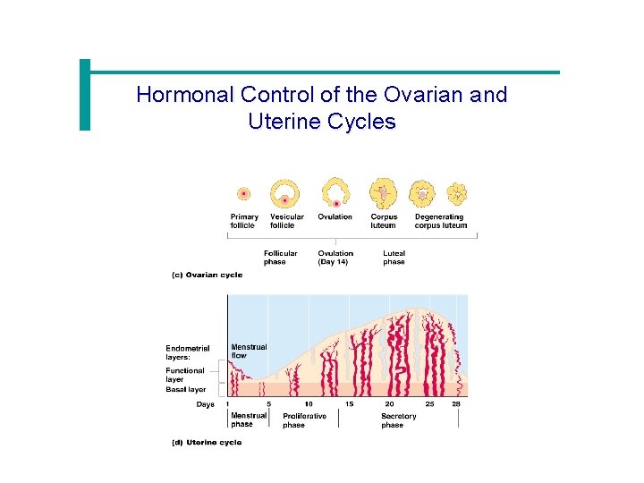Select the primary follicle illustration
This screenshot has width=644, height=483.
click(x=243, y=193)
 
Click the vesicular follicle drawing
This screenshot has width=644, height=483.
click(x=286, y=193)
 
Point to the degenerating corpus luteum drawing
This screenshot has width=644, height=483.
click(x=457, y=192)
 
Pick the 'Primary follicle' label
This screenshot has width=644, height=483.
click(x=244, y=221)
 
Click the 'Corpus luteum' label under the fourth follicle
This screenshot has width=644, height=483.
click(x=384, y=221)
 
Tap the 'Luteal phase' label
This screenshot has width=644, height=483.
click(x=394, y=258)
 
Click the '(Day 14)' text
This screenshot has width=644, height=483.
click(x=333, y=262)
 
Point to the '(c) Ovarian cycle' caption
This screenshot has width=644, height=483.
click(x=207, y=275)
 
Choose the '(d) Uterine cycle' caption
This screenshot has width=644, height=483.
click(x=206, y=443)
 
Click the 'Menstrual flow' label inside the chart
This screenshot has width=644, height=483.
click(x=249, y=352)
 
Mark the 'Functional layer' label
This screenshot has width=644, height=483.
click(x=185, y=375)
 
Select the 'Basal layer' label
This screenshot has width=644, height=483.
click(x=185, y=390)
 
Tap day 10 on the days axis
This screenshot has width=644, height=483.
click(x=308, y=404)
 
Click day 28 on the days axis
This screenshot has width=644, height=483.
click(x=456, y=404)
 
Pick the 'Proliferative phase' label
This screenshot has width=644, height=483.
click(x=304, y=420)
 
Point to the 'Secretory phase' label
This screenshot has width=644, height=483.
click(x=398, y=420)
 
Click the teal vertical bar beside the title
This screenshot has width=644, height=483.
click(x=85, y=95)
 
